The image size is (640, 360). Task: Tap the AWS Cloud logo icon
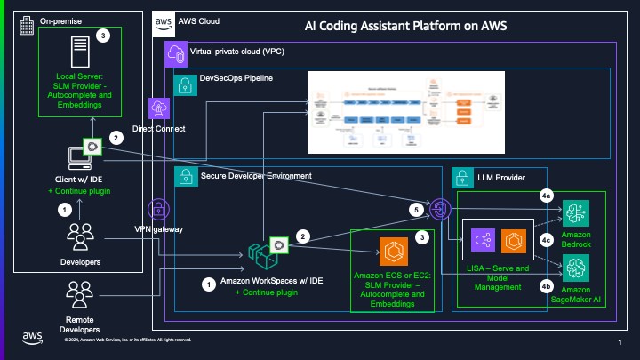pyautogui.click(x=163, y=20)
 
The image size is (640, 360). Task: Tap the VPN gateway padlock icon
pyautogui.click(x=161, y=210)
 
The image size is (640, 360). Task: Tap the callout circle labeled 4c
pyautogui.click(x=548, y=240)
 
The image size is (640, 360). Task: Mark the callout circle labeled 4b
pyautogui.click(x=548, y=287)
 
